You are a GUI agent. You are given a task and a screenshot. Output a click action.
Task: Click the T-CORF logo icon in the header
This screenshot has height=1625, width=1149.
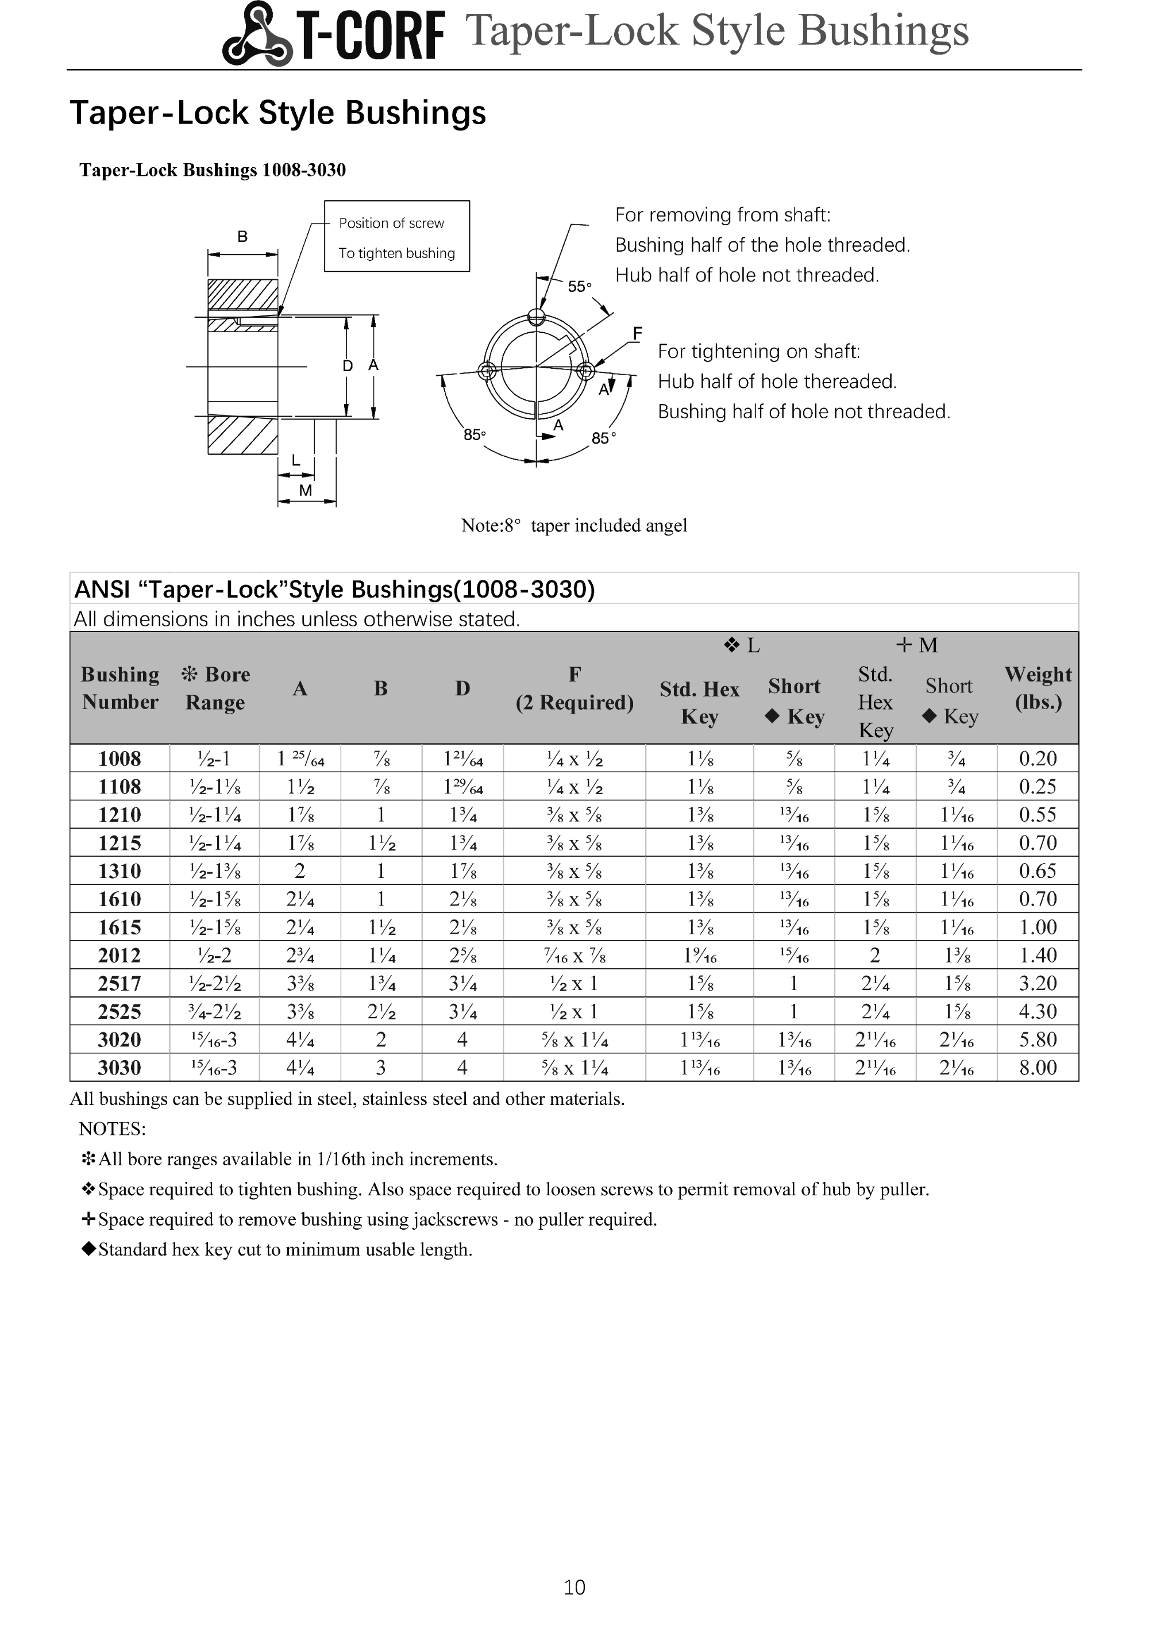pyautogui.click(x=256, y=34)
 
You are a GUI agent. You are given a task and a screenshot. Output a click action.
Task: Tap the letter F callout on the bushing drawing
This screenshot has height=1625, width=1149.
pyautogui.click(x=638, y=333)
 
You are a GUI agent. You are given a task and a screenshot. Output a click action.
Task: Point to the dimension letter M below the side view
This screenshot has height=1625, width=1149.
pyautogui.click(x=306, y=491)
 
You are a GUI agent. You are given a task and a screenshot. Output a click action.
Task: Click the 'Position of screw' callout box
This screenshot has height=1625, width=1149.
pyautogui.click(x=397, y=236)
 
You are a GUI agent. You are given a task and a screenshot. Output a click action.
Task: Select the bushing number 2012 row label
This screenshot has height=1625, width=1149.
pyautogui.click(x=119, y=956)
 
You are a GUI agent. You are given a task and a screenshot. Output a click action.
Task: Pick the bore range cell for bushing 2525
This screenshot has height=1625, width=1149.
pyautogui.click(x=215, y=1011)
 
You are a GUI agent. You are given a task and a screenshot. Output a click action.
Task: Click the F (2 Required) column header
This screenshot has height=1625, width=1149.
pyautogui.click(x=574, y=688)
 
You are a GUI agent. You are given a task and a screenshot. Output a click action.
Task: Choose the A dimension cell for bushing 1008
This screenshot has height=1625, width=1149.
pyautogui.click(x=300, y=758)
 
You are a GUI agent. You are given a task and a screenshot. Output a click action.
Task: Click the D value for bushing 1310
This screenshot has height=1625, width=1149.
pyautogui.click(x=462, y=871)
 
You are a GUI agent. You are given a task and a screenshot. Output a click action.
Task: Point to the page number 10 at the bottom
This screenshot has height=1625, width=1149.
pyautogui.click(x=574, y=1588)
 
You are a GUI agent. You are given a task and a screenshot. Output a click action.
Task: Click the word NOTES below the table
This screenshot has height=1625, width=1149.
pyautogui.click(x=113, y=1129)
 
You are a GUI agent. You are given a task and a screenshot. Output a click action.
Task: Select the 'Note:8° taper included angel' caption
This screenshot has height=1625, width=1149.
pyautogui.click(x=574, y=525)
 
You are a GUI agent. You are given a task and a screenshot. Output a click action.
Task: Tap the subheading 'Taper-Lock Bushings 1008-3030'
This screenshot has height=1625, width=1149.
pyautogui.click(x=212, y=170)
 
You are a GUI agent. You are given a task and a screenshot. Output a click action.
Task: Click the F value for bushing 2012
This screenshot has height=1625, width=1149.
pyautogui.click(x=574, y=956)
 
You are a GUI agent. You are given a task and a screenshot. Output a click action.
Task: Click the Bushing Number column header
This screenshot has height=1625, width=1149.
pyautogui.click(x=119, y=688)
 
